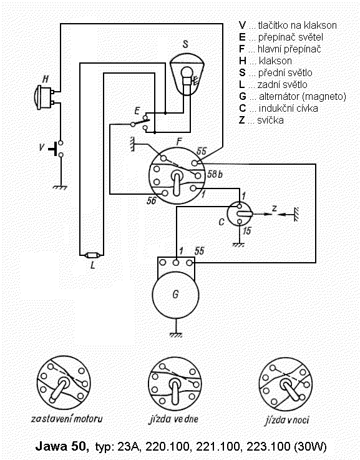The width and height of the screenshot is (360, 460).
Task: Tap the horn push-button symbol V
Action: (56, 149)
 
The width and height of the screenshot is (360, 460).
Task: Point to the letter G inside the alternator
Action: (175, 294)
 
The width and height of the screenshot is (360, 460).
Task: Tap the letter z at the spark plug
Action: (274, 208)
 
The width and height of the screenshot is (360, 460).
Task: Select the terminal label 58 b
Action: (215, 174)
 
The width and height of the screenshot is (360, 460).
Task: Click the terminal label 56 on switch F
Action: (152, 200)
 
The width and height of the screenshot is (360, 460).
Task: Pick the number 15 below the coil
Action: (247, 231)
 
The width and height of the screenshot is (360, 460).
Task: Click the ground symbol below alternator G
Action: (175, 335)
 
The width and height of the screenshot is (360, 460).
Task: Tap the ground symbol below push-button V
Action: (61, 187)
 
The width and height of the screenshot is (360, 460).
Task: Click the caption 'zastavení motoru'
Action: (67, 419)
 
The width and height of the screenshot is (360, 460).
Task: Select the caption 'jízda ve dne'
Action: (173, 419)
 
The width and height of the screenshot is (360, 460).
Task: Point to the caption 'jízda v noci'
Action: (287, 420)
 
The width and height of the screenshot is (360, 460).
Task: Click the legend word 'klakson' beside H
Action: (275, 61)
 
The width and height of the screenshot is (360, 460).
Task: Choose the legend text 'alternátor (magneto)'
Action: (302, 97)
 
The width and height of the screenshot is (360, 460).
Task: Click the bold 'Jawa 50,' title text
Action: (62, 446)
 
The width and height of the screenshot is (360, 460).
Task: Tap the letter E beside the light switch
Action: (137, 111)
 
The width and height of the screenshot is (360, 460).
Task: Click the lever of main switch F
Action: (177, 184)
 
